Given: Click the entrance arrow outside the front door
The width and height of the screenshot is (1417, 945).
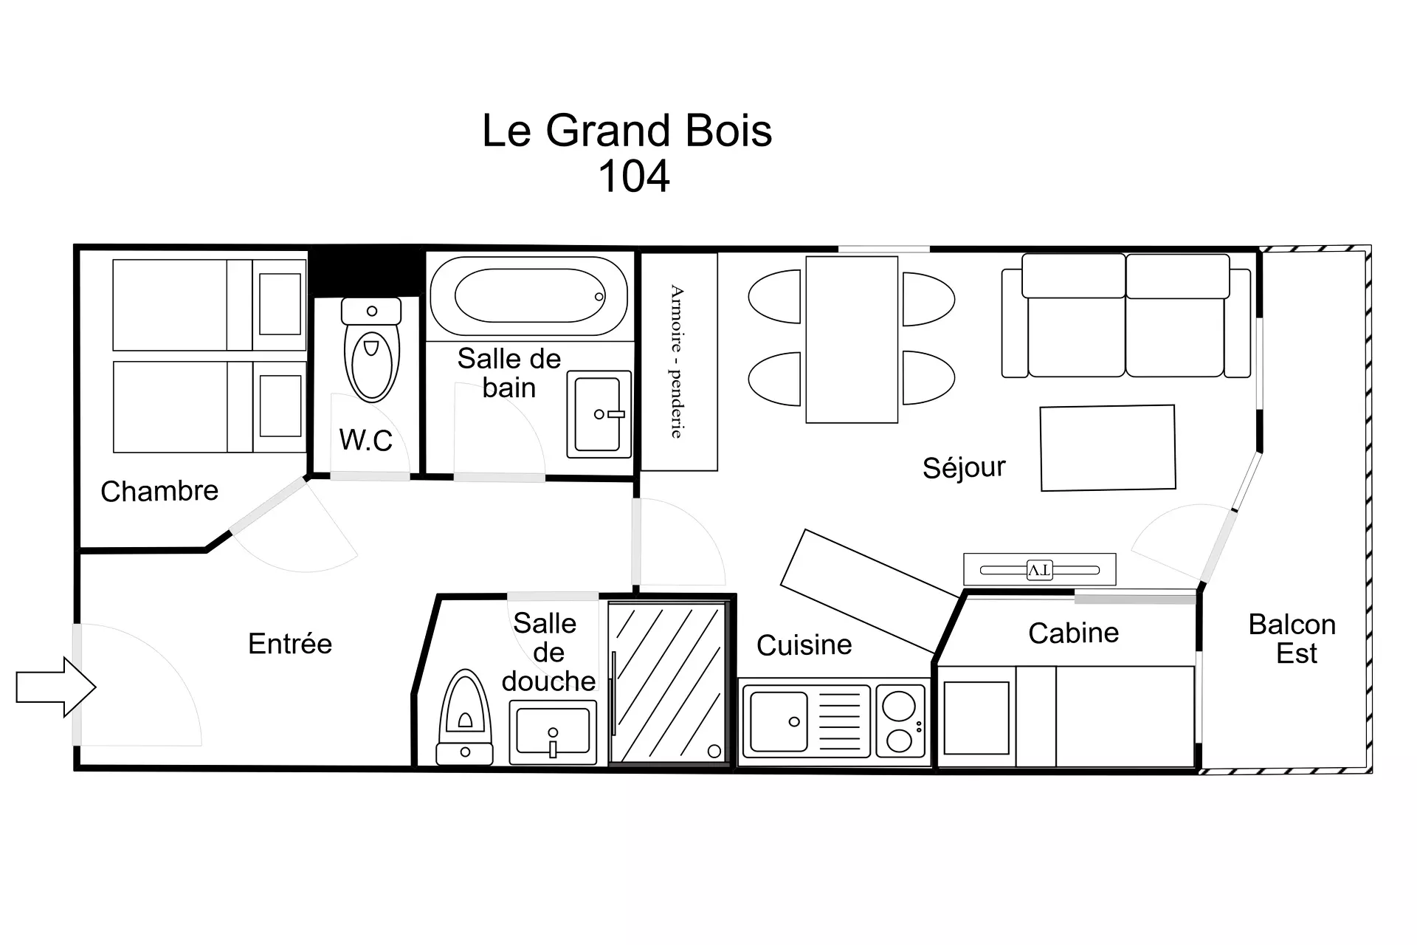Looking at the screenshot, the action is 56,687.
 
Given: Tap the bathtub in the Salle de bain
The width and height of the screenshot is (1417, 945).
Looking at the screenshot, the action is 528,296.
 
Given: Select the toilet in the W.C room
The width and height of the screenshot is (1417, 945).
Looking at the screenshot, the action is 371,349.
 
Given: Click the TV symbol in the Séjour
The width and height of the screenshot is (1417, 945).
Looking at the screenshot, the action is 1039,570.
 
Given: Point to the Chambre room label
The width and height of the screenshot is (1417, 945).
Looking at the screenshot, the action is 159,491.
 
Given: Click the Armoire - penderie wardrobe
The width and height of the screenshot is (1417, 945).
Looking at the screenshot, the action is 679,362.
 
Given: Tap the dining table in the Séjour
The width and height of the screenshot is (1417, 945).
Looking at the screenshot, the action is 852,340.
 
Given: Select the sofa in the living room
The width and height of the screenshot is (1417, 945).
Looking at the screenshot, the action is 1126,315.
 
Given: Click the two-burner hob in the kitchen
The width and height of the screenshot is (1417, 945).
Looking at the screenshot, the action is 900,721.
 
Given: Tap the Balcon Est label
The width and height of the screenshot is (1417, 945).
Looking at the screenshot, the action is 1292,639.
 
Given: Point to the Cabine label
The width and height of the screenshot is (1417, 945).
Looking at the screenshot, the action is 1073,633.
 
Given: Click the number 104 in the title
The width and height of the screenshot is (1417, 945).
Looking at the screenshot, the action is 634,176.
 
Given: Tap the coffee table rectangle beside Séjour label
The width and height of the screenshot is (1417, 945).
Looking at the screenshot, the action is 1108,447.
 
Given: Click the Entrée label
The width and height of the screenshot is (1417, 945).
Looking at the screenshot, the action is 290,644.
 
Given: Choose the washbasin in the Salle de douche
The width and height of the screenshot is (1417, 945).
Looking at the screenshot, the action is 553,732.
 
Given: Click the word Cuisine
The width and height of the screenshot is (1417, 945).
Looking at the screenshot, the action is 804,645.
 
